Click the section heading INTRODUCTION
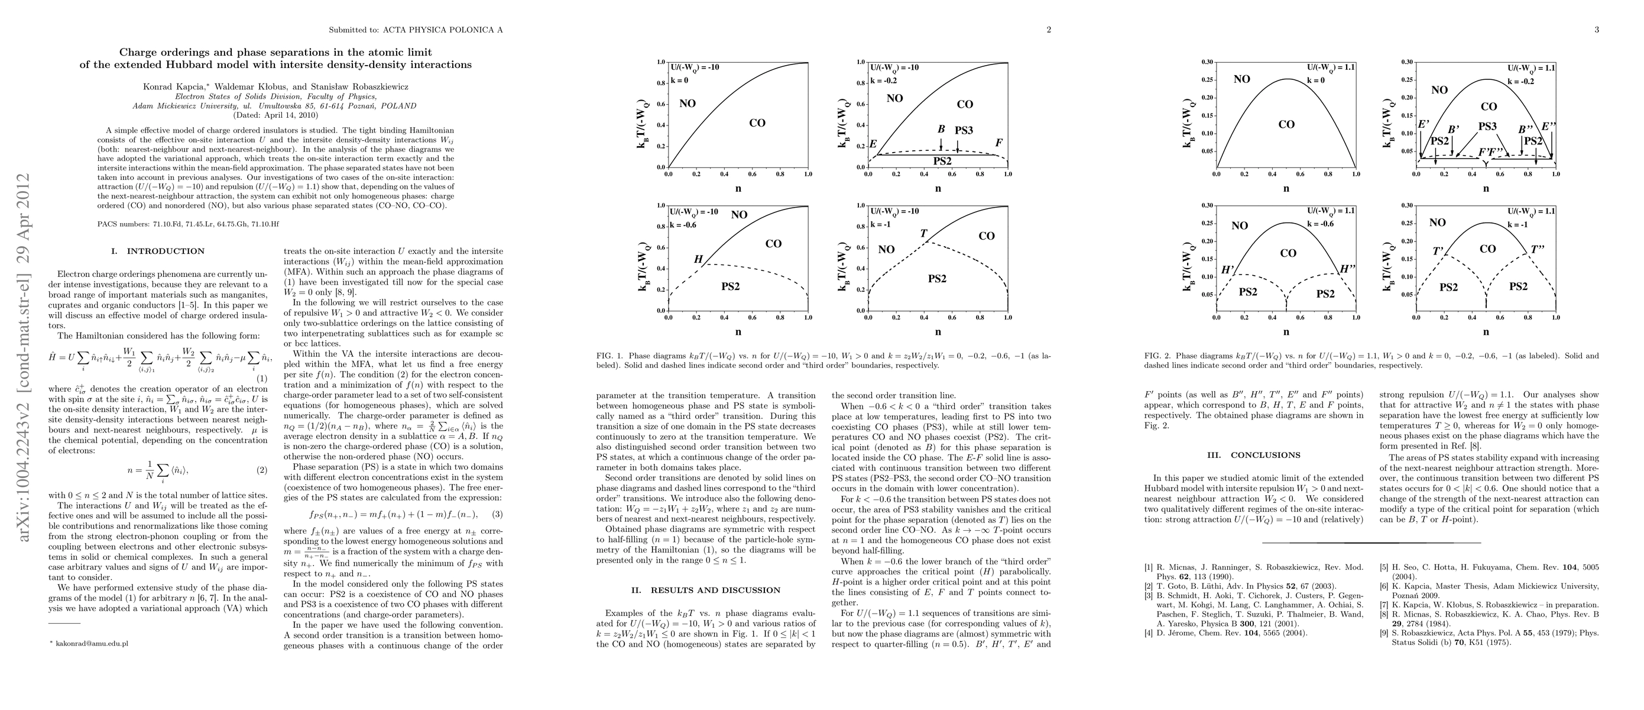[x=166, y=251]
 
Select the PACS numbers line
[x=188, y=224]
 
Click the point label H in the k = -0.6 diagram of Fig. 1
[x=698, y=260]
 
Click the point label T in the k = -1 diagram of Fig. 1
[x=923, y=234]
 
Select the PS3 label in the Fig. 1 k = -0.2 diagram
[x=964, y=130]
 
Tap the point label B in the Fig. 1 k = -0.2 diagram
[x=941, y=129]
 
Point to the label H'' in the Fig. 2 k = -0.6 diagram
[x=1347, y=269]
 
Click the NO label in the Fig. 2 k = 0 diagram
[x=1242, y=79]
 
